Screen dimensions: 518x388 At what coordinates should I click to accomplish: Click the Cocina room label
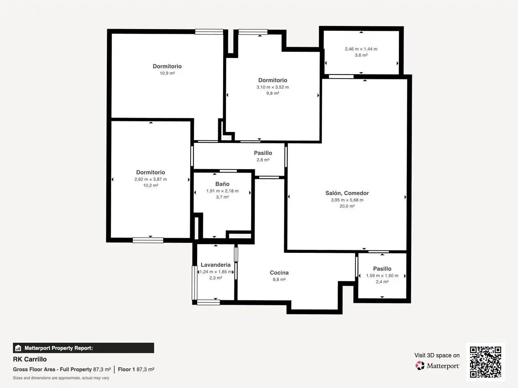pyautogui.click(x=279, y=273)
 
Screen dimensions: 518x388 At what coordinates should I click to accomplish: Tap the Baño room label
pyautogui.click(x=222, y=184)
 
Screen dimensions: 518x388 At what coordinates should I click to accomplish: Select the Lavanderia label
pyautogui.click(x=215, y=265)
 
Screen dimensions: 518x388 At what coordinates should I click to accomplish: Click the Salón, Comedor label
pyautogui.click(x=347, y=193)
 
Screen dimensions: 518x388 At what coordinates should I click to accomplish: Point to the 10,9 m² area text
pyautogui.click(x=167, y=73)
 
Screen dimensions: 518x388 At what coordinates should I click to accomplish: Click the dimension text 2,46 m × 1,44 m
pyautogui.click(x=361, y=49)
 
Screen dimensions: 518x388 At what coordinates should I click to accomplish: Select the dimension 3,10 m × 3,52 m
pyautogui.click(x=273, y=87)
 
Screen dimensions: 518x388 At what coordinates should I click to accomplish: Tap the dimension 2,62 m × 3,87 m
pyautogui.click(x=151, y=179)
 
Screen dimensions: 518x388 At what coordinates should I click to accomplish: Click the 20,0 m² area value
pyautogui.click(x=347, y=206)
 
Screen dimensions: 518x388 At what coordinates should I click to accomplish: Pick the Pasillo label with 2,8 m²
pyautogui.click(x=263, y=153)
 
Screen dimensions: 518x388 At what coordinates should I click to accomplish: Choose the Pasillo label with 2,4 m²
pyautogui.click(x=382, y=269)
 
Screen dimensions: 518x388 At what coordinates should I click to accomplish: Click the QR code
pyautogui.click(x=485, y=362)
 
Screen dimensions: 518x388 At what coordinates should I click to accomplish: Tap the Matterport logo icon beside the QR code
pyautogui.click(x=420, y=366)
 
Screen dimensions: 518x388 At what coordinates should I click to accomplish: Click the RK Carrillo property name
pyautogui.click(x=30, y=359)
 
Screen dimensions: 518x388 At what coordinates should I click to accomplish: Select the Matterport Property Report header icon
pyautogui.click(x=18, y=348)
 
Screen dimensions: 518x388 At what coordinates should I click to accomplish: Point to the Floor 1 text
pyautogui.click(x=126, y=369)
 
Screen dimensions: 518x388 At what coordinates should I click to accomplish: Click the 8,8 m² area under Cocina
pyautogui.click(x=279, y=280)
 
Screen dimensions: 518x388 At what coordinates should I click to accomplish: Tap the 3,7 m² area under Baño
pyautogui.click(x=222, y=197)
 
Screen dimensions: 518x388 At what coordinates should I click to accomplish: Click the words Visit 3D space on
pyautogui.click(x=437, y=356)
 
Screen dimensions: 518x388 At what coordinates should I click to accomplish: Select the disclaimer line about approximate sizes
pyautogui.click(x=61, y=378)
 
